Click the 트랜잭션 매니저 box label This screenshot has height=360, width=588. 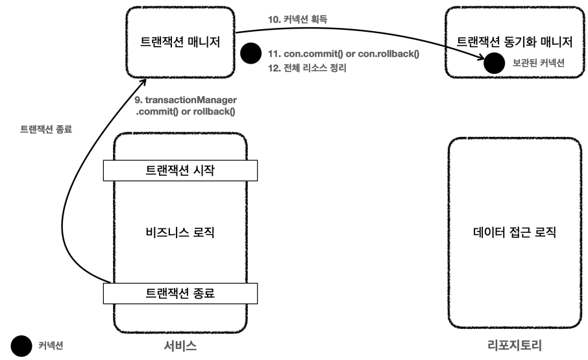(180, 43)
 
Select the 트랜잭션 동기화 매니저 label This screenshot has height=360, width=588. (515, 43)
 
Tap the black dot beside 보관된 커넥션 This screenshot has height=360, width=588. (495, 63)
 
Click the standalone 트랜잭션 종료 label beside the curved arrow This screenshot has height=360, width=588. (47, 128)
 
